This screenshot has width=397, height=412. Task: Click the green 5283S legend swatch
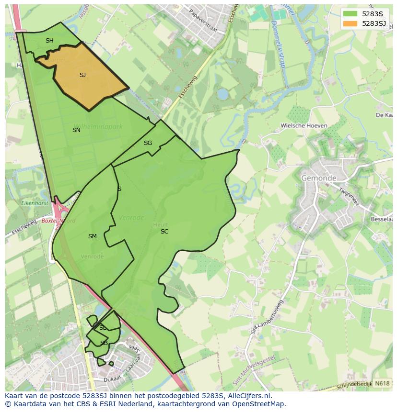point(350,14)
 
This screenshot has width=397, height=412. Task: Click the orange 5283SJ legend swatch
point(350,23)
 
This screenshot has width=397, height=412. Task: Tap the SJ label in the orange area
point(82,75)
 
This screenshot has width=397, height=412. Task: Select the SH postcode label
point(49,41)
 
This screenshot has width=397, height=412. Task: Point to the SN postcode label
point(76,130)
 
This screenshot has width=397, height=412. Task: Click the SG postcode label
point(148,143)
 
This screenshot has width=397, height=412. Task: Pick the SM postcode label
point(93,236)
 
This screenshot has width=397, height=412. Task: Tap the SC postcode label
point(164,232)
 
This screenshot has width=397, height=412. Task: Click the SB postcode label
point(104,343)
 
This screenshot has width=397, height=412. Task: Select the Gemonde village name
point(319,178)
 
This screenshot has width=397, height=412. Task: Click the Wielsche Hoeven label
point(304,126)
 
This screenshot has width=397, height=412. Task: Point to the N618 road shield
point(382,383)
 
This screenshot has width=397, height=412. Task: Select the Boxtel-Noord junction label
point(58,221)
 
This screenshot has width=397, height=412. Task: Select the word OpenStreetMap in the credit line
point(259,404)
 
